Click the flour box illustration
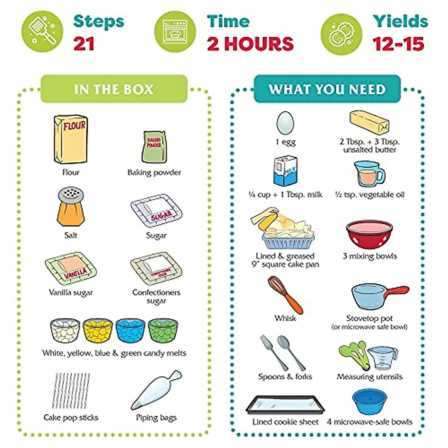pos(71,139)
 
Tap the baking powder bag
pos(154,147)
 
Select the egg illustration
pos(285,123)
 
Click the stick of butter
pos(369,122)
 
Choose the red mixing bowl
pos(369,234)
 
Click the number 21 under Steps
pos(84,44)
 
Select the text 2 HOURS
pos(250,44)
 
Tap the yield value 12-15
pos(398,44)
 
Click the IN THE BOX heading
pos(113,89)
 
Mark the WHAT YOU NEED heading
pos(327,89)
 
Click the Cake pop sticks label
pos(71,417)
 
